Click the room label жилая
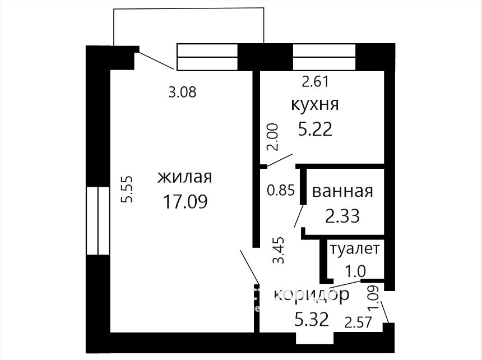coord(184,177)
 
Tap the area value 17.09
coord(185,202)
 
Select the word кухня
coord(315,104)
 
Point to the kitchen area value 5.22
coord(315,129)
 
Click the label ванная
coord(342,191)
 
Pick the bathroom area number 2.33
coord(342,216)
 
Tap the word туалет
coord(355,248)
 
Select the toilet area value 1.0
coord(355,271)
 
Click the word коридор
coord(312,295)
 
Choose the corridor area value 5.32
coord(312,319)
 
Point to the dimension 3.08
coord(182,92)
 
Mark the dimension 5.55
coord(127,189)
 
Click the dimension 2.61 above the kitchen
coord(316,82)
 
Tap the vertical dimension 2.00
coord(272,137)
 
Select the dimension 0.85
coord(281,190)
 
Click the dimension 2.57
coord(359,322)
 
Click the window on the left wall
coord(98,221)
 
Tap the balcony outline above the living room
coord(189,8)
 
